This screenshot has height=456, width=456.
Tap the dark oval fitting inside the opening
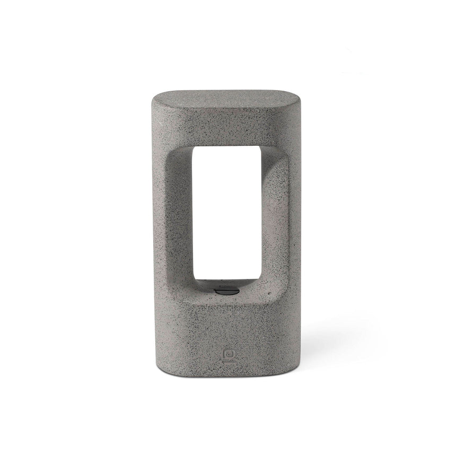click(226, 290)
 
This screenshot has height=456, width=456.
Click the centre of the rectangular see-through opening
click(227, 212)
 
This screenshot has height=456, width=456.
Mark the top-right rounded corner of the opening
click(259, 149)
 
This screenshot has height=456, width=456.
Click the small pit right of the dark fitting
click(270, 293)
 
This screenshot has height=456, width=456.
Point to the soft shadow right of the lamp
click(339, 339)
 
